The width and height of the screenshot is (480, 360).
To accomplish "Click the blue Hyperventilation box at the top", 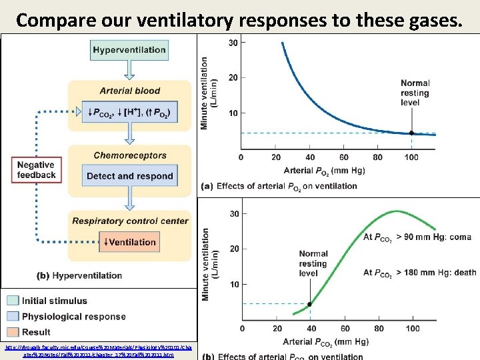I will click(130, 50).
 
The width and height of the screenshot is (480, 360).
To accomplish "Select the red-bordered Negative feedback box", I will click(36, 170).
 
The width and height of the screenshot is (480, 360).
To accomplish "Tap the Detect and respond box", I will click(129, 176).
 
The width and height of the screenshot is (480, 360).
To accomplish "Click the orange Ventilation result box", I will click(129, 242).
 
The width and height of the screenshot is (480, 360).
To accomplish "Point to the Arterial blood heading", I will click(130, 91).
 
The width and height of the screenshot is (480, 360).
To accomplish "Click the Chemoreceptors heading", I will click(130, 155).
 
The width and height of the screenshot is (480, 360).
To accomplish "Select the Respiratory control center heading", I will click(130, 221).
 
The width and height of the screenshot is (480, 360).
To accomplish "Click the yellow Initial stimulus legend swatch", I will click(13, 301).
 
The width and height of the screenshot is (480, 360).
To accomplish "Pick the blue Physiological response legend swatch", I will click(13, 316).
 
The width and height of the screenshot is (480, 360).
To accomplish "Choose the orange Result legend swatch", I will click(13, 331).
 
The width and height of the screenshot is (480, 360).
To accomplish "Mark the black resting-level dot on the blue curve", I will click(411, 133).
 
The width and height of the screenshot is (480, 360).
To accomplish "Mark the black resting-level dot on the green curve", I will click(309, 304).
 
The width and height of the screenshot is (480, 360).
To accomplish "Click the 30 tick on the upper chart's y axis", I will click(233, 43).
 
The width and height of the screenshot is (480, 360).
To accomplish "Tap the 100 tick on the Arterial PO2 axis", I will click(411, 157).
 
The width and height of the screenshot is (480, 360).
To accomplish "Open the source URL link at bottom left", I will click(99, 351).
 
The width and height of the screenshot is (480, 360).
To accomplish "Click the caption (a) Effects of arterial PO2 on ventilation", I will click(283, 186).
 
